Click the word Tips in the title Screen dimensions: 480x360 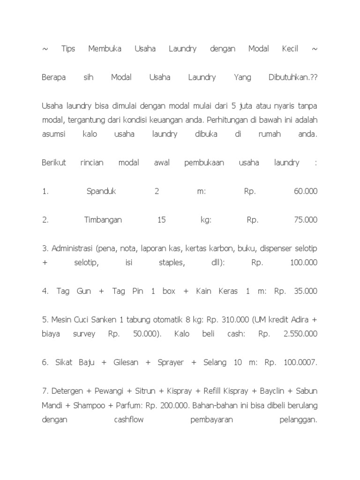pos(68,49)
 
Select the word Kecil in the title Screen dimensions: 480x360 pos(290,49)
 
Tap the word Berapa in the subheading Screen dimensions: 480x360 pos(53,77)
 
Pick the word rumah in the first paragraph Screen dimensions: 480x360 pos(270,135)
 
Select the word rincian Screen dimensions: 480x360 pos(92,163)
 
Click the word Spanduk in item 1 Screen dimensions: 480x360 pos(101,191)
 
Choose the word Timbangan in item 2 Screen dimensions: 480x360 pos(103,220)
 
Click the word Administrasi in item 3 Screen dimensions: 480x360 pos(73,248)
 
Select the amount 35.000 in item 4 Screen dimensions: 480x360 pos(306,291)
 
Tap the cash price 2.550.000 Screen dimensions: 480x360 pos(300,334)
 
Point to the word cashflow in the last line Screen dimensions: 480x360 pos(129,420)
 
